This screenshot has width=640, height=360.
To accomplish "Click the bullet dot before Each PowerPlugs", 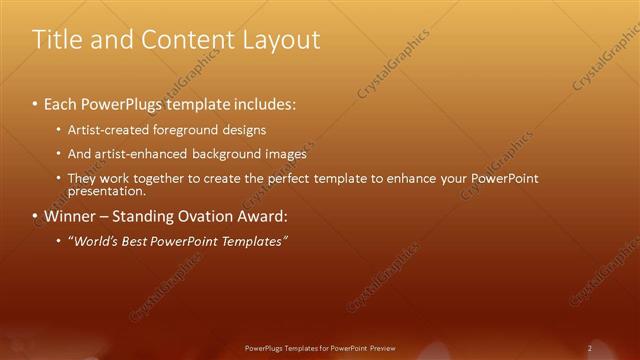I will click(35, 104).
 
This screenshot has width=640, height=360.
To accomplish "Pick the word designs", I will click(243, 130).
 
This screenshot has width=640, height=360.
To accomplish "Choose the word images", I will click(286, 154).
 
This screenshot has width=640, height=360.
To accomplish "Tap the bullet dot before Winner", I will click(35, 216).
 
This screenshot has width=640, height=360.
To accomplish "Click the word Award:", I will click(262, 216).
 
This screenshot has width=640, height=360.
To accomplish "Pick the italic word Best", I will click(132, 241).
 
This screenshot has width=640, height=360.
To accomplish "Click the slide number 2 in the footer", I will click(590, 348).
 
